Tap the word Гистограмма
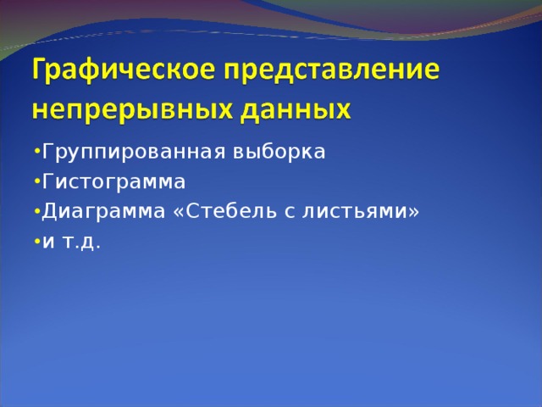point(113,181)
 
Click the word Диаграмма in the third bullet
point(103,211)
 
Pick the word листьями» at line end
point(368,211)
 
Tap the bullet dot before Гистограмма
point(36,181)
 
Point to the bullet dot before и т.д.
point(36,241)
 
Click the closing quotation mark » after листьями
point(413,212)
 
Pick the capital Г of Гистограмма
point(47,181)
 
